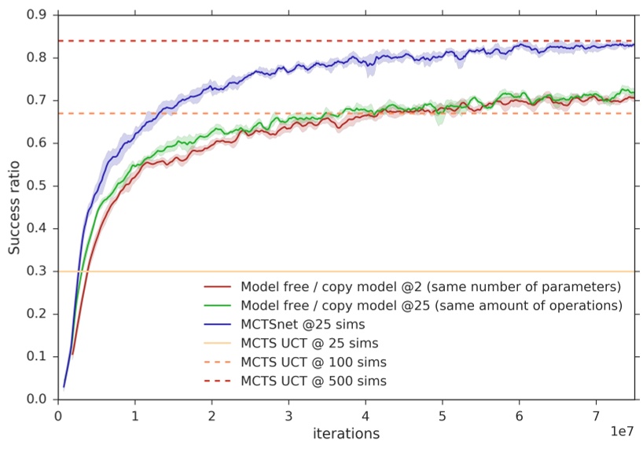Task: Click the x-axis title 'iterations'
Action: coord(346,433)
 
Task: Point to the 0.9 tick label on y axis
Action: coord(36,15)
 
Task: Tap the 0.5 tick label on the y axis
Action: coord(36,186)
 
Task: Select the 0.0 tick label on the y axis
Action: coord(36,399)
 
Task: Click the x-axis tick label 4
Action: coord(365,414)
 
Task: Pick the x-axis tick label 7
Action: coord(596,414)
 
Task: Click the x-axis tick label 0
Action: coord(57,414)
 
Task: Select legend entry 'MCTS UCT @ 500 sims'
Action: coord(314,381)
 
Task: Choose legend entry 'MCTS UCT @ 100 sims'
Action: coord(314,362)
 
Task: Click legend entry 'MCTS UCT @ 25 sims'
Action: coord(310,343)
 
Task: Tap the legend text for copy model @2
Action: coord(431,285)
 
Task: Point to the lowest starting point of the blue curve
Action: coord(64,387)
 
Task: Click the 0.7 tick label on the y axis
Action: coord(36,101)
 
